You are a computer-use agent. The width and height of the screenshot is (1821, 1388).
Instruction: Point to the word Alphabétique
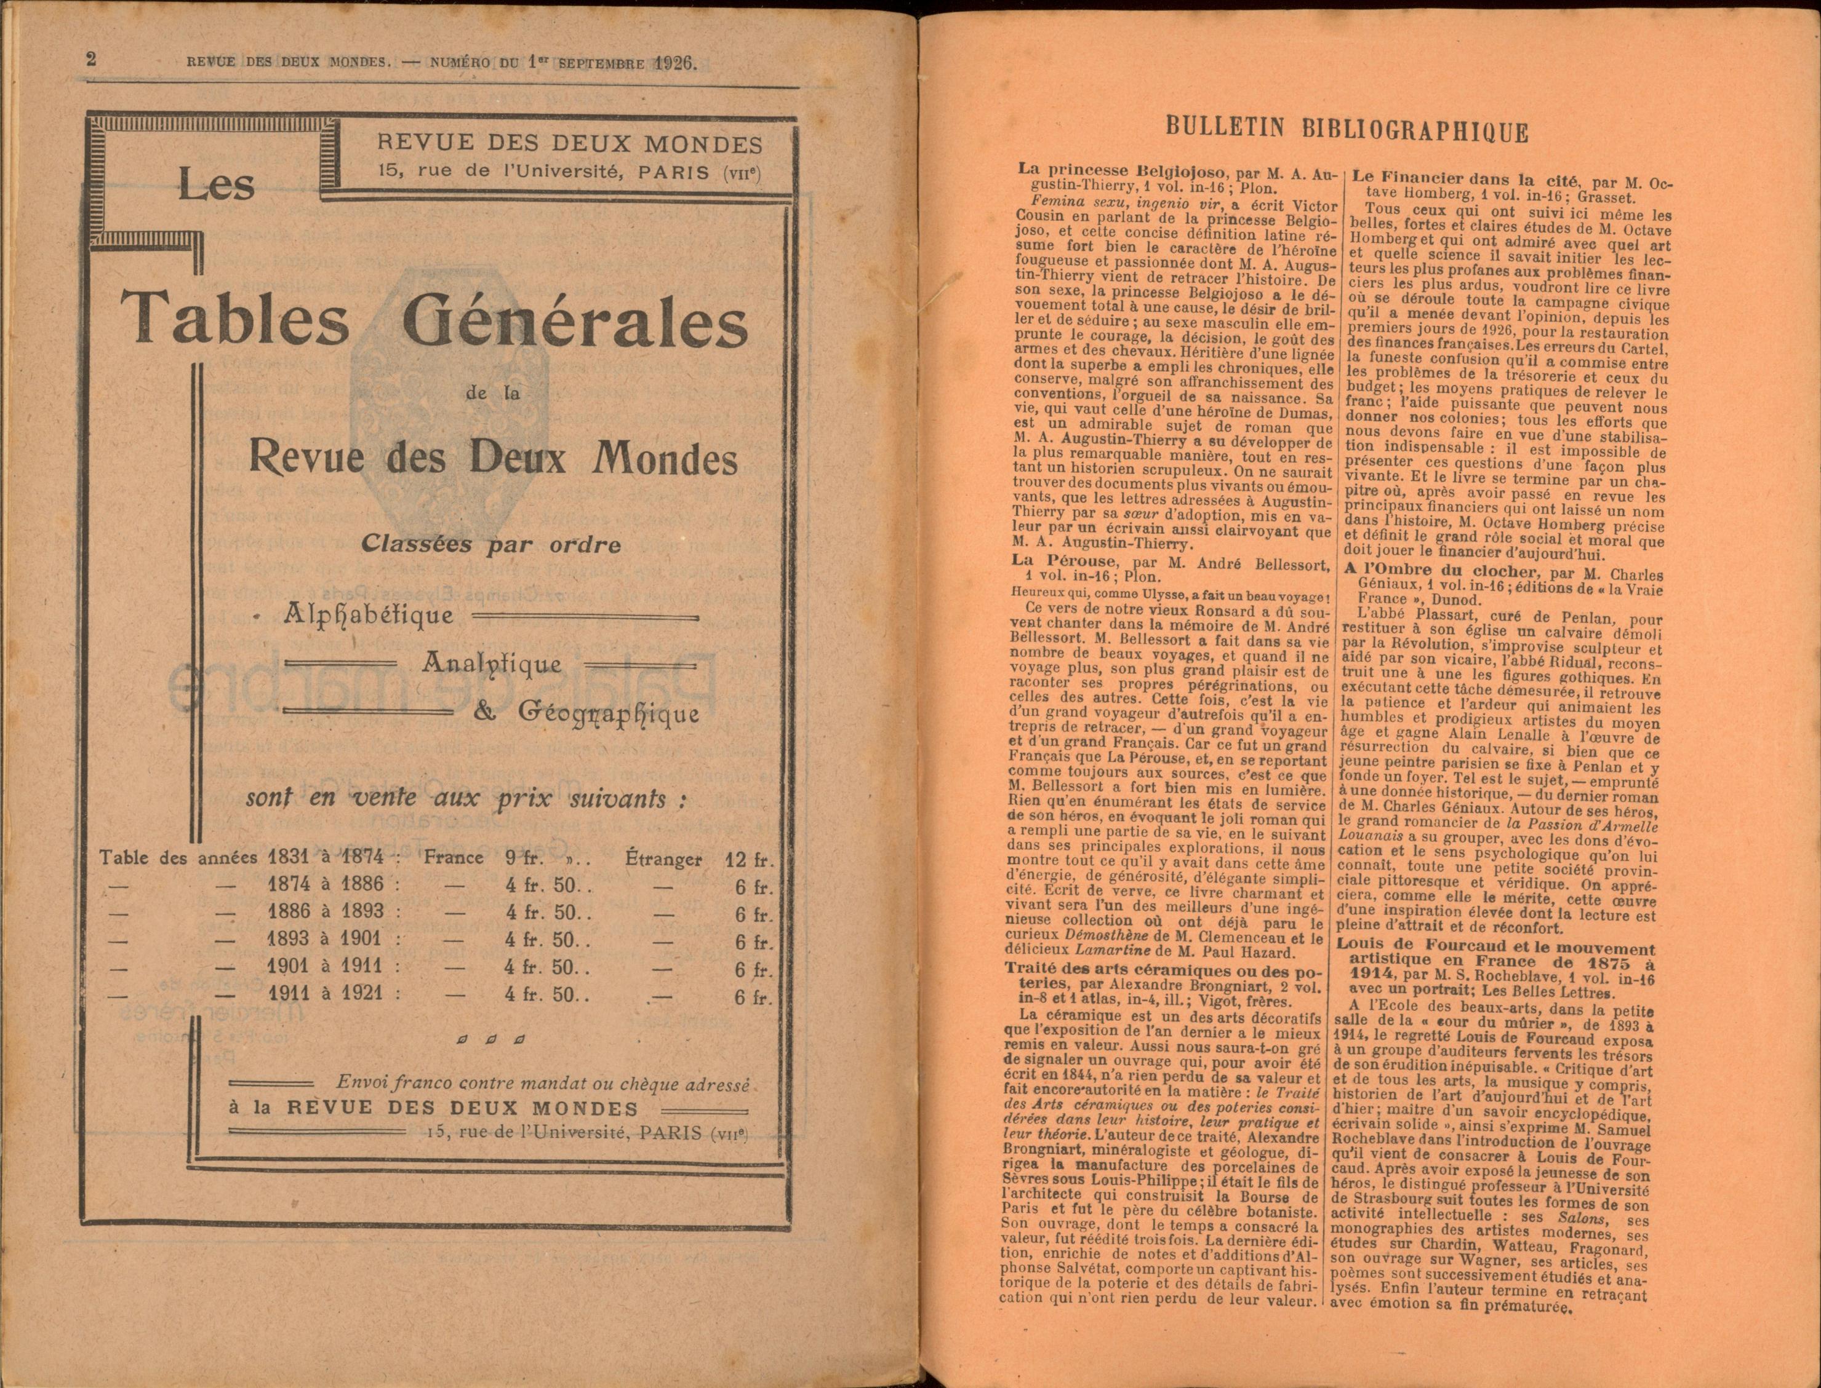click(369, 616)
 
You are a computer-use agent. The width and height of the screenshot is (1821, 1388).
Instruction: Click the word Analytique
click(493, 664)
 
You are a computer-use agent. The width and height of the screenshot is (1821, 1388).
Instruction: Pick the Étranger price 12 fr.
click(748, 859)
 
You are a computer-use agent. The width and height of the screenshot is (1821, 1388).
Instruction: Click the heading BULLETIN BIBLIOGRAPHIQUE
click(1347, 130)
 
